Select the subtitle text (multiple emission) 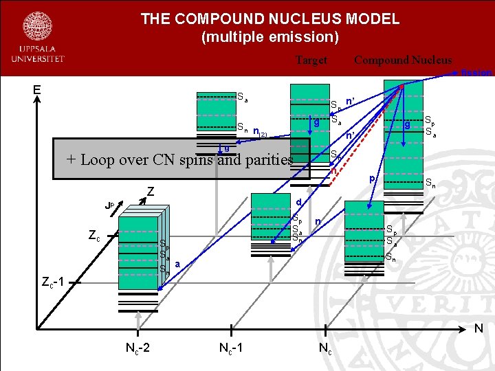(x=269, y=36)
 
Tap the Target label (x=311, y=60)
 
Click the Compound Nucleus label (x=403, y=60)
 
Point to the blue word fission (x=476, y=72)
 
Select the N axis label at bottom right (x=478, y=330)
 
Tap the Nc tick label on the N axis (x=324, y=348)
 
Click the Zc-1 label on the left (x=53, y=282)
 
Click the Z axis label (x=149, y=193)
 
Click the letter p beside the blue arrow (x=372, y=179)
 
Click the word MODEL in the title (x=371, y=19)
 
